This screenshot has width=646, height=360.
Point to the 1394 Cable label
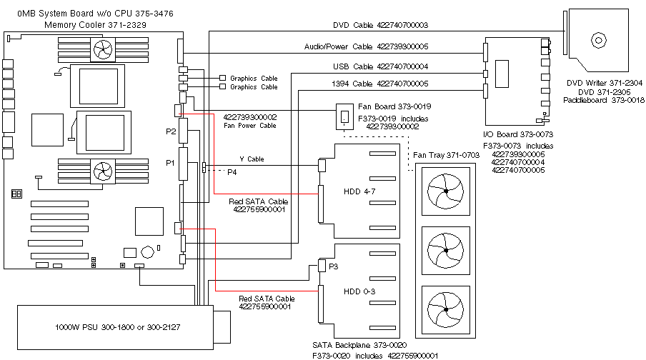(x=380, y=84)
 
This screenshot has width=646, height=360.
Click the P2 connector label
(x=171, y=131)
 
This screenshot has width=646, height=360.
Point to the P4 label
(x=232, y=171)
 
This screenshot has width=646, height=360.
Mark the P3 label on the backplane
(x=332, y=265)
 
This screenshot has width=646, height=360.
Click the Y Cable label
(x=252, y=159)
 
